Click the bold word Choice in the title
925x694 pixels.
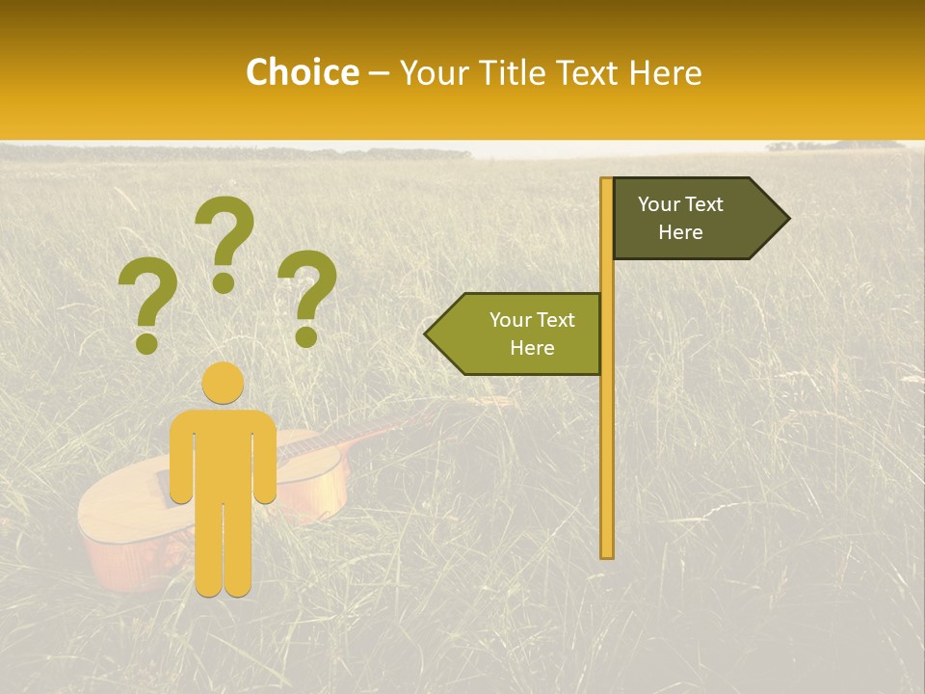302,72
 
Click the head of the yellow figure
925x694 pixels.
224,384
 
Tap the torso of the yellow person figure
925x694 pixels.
224,453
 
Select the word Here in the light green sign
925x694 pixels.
532,348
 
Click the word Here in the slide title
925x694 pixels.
665,72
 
